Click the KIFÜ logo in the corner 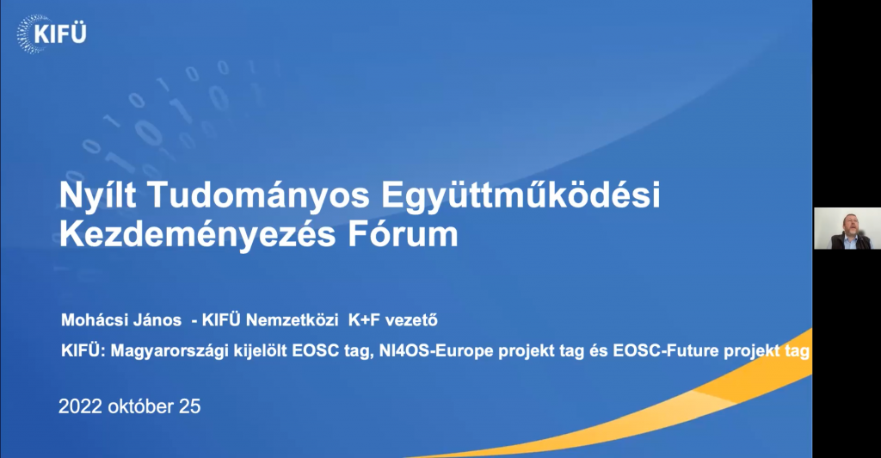(52, 34)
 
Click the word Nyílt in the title (98, 196)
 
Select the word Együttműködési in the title (521, 196)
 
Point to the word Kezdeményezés (197, 234)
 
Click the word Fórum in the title (403, 234)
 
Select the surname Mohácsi (91, 320)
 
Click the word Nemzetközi (293, 320)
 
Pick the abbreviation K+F (364, 320)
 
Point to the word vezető (412, 320)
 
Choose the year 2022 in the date (80, 406)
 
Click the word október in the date (140, 406)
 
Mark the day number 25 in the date (190, 406)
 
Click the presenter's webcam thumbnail (847, 228)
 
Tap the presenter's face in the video (849, 224)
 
